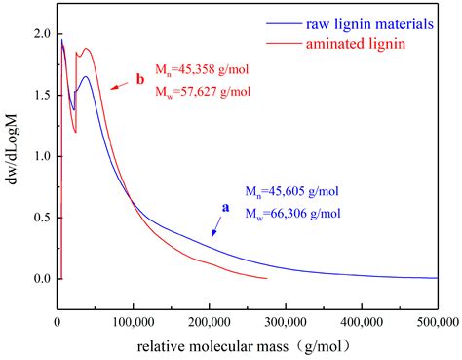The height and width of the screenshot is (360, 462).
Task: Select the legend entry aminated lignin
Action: pos(366,46)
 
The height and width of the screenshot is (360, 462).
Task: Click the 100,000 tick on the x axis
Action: pos(133,318)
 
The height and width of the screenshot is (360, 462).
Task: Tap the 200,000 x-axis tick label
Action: pos(209,318)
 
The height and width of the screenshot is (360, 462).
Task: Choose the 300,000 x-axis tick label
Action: pos(285,318)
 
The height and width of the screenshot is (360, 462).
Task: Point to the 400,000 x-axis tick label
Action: pos(361,318)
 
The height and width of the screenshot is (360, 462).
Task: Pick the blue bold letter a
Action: pos(226,207)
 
